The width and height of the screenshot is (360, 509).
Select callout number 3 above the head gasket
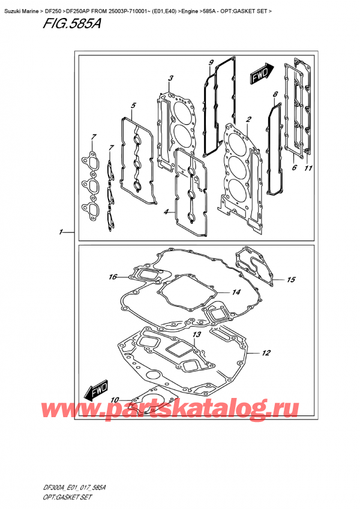click(x=171, y=78)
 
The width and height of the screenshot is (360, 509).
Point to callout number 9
click(x=211, y=62)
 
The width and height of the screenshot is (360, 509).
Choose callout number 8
click(x=275, y=94)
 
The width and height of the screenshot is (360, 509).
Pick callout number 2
click(x=248, y=119)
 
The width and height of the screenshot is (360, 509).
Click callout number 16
click(x=112, y=277)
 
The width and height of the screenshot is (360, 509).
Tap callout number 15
click(x=291, y=279)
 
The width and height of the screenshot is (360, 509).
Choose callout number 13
click(x=196, y=334)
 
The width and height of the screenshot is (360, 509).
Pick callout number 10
click(x=115, y=399)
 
